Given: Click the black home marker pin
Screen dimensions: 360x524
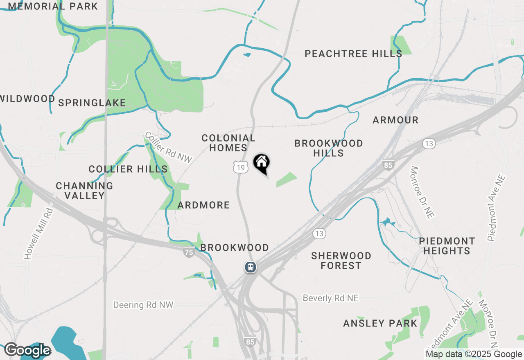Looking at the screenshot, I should pos(262,163).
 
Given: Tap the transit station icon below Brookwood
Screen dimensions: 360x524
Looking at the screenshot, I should pos(251,268).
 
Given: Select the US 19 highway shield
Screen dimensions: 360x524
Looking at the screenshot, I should pos(241,166).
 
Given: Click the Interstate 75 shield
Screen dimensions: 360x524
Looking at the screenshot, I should pos(188,252).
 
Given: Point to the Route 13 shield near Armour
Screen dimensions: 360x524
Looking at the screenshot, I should pos(429,144).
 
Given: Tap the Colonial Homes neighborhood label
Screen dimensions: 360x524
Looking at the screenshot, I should pos(228,143).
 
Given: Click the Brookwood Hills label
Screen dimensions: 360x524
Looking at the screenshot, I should pos(329,148).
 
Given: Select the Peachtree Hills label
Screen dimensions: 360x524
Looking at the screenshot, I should pos(353,54).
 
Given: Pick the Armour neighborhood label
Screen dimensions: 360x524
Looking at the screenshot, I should pos(395,120).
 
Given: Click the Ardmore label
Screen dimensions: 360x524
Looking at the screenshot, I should pos(204,205).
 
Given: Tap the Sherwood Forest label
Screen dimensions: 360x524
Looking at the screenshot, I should pos(341,261).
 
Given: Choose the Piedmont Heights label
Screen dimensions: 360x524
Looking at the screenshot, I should pos(447,246).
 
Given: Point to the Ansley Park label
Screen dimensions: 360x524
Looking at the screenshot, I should pos(380,323).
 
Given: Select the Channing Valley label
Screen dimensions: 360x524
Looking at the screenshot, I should pos(85,191).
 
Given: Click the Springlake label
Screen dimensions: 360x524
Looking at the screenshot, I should pos(92,103).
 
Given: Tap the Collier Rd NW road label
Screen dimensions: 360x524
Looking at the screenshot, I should pos(168,148).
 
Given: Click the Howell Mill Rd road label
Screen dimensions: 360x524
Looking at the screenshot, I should pos(38,234).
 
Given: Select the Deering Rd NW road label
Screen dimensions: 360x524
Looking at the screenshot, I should pos(143,305).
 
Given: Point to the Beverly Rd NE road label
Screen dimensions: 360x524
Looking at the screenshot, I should pos(331,298).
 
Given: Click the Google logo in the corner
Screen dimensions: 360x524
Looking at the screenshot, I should pos(27,351).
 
